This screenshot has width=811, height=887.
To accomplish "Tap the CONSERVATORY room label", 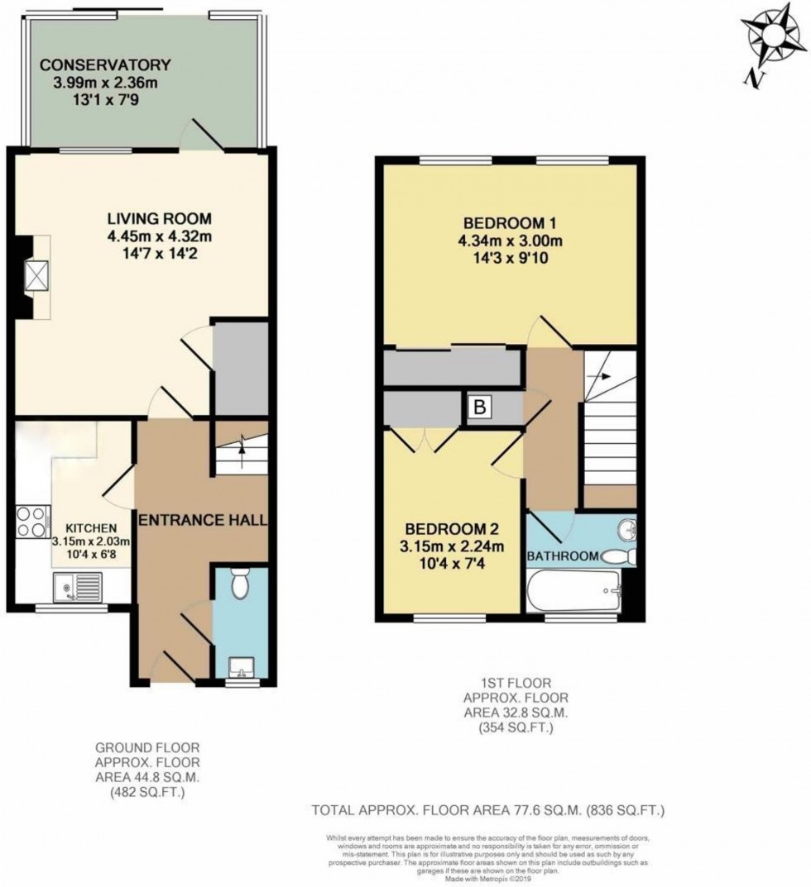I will (x=106, y=64).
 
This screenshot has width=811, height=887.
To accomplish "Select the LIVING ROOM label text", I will (x=159, y=218).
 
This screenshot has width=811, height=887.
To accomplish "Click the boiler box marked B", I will (x=478, y=408).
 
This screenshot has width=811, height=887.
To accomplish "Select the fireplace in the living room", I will (x=35, y=276).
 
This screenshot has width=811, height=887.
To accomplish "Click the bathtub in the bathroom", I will (x=574, y=592).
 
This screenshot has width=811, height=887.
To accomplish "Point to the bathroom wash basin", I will (x=626, y=530).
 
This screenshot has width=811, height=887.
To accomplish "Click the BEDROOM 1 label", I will (x=502, y=223).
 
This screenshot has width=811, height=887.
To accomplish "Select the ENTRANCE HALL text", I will (x=202, y=520).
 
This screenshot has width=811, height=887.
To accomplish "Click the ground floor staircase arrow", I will (x=242, y=449).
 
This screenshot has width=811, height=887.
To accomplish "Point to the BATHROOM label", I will (x=563, y=557).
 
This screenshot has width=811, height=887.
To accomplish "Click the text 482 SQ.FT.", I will (x=146, y=791).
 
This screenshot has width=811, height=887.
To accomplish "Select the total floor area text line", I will (x=487, y=811).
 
